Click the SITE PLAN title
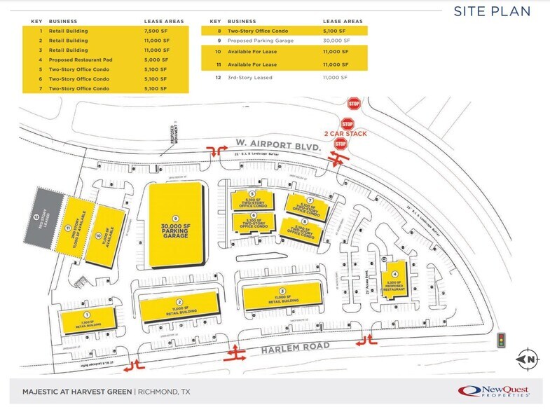coord(492,11)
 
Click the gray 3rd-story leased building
coord(43,217)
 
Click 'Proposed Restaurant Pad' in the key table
coord(81,60)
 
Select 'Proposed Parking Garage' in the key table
coord(266,41)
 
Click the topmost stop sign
coord(354,103)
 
